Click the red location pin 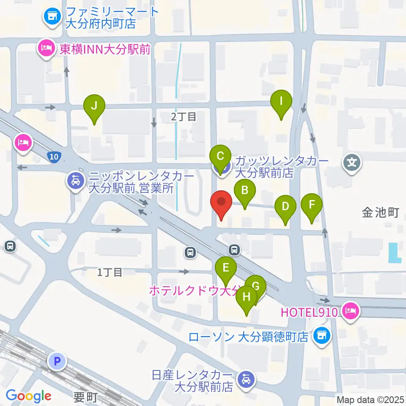[x=221, y=202]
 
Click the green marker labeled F [x=312, y=206]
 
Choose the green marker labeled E [x=226, y=268]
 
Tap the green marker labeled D [x=285, y=207]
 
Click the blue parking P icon [x=57, y=361]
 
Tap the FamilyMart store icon [x=53, y=16]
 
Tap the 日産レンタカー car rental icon [x=246, y=379]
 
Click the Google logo [x=28, y=396]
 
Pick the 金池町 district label [x=380, y=213]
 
